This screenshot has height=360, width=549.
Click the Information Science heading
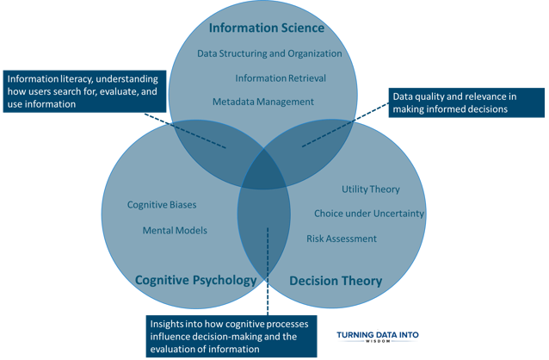click(267, 28)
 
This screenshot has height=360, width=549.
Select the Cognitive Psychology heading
click(195, 280)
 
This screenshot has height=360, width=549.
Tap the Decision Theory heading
click(336, 281)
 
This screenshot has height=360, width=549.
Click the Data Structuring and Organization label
click(269, 53)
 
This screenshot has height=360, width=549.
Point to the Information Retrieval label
click(281, 78)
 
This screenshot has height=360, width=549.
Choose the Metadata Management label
click(263, 102)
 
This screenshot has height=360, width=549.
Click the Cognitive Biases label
click(162, 205)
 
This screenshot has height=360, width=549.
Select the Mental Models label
click(175, 230)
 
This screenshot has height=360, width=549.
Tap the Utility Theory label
click(371, 189)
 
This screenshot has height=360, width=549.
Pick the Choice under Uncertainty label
click(369, 214)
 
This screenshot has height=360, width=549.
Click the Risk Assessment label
click(342, 239)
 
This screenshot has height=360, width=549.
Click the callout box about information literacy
click(84, 91)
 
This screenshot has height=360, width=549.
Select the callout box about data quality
click(466, 102)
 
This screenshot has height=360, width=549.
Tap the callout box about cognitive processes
click(231, 336)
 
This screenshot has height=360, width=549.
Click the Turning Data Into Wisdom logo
click(378, 337)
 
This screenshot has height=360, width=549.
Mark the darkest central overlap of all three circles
click(265, 171)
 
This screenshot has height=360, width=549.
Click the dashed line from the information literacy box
click(185, 130)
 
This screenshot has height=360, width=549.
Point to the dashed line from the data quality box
click(345, 125)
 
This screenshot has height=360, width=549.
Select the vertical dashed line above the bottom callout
click(268, 271)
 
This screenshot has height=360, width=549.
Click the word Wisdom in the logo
click(378, 341)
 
